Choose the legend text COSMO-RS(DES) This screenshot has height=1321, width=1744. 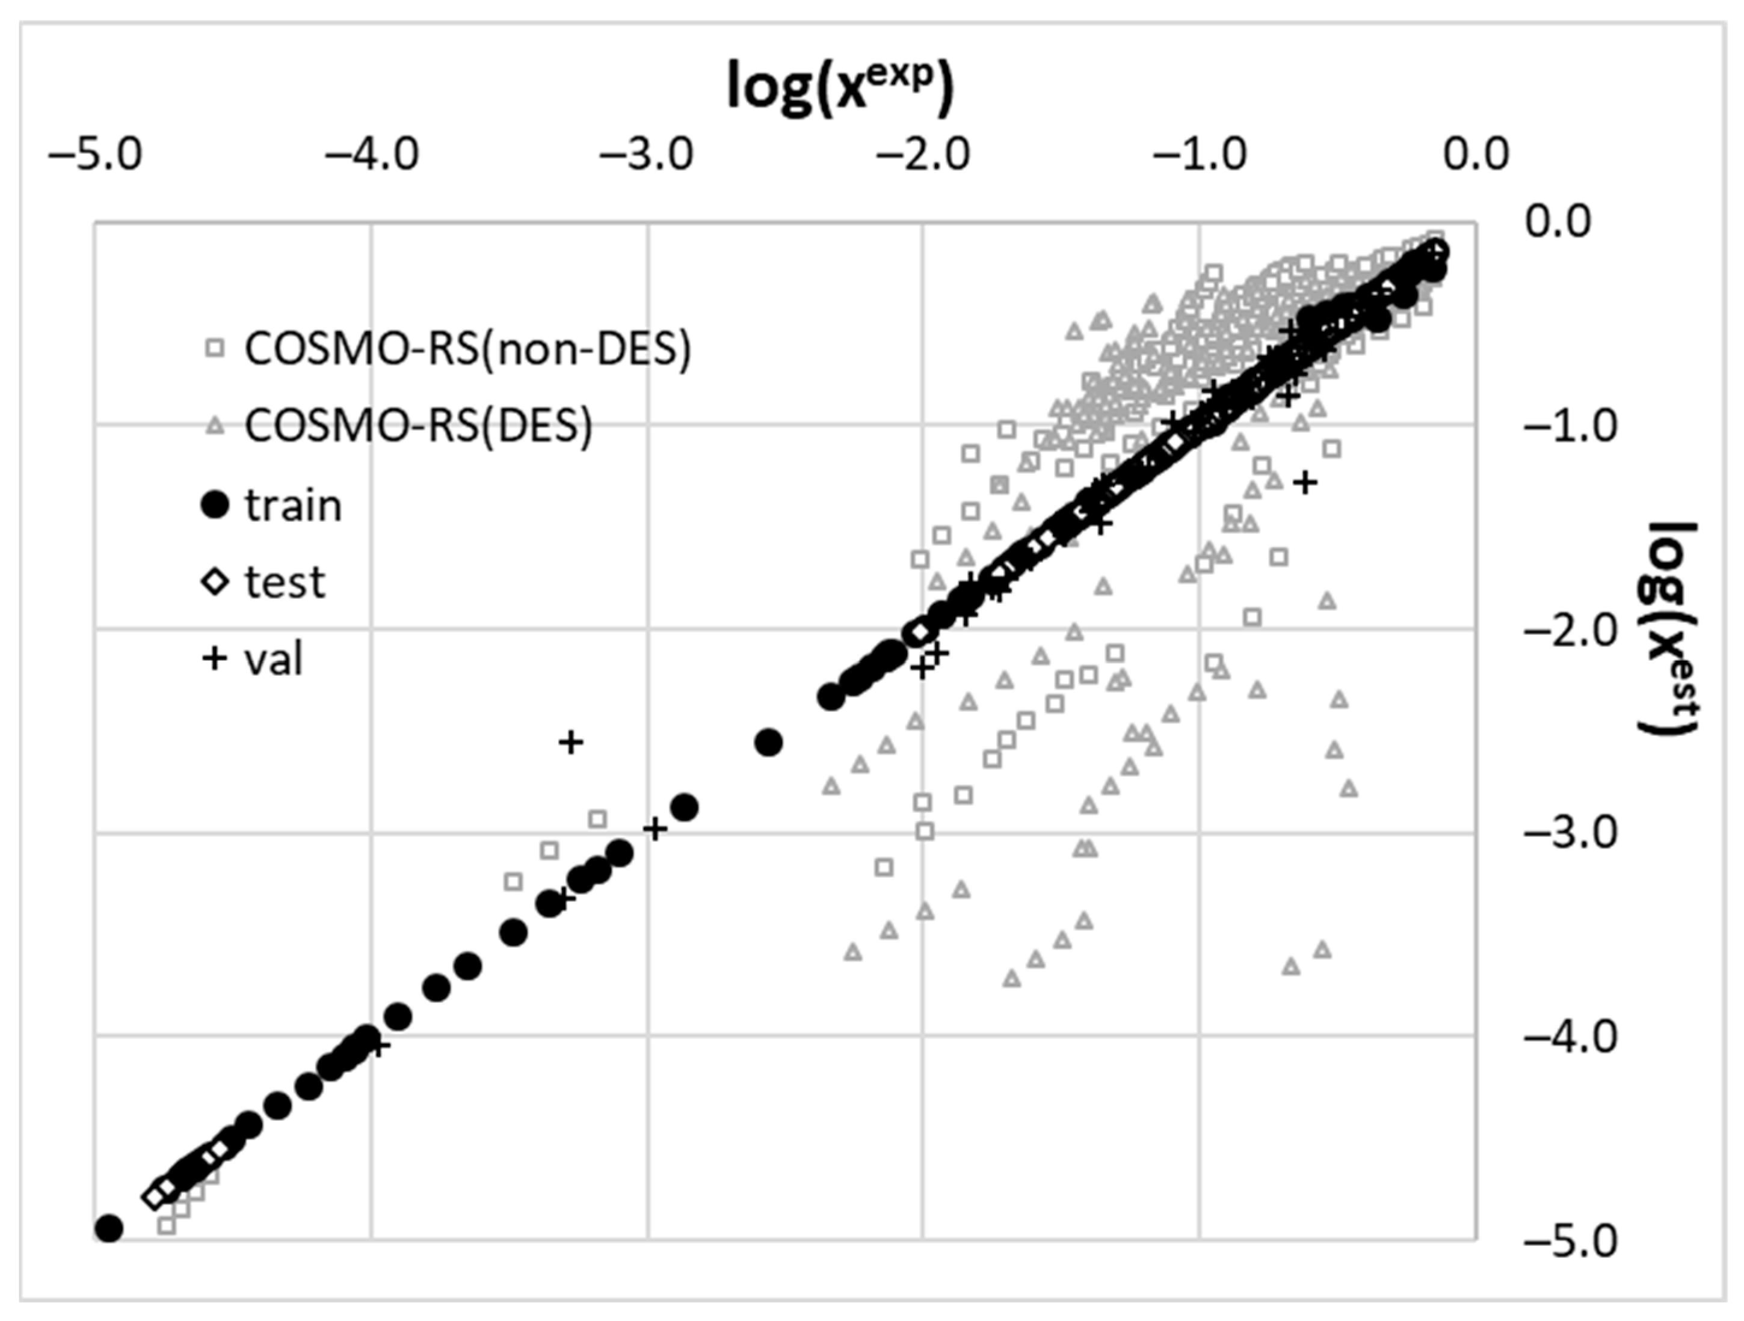[418, 426]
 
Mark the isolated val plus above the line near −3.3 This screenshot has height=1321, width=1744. [571, 742]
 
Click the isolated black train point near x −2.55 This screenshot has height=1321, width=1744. [768, 742]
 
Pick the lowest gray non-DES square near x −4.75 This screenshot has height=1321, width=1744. [167, 1225]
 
